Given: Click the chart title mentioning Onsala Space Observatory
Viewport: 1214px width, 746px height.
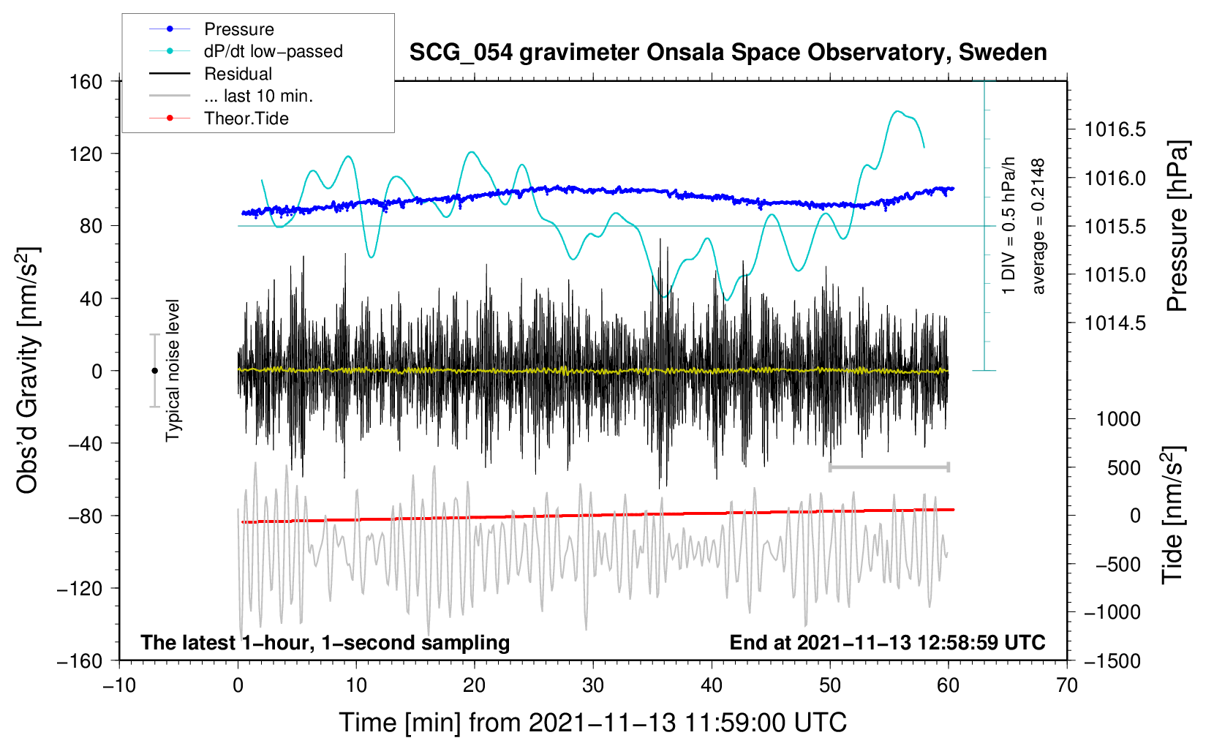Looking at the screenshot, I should click(x=728, y=53).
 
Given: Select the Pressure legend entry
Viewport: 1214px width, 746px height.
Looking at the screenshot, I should click(x=238, y=29).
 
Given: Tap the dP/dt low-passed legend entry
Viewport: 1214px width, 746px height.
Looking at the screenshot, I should click(x=273, y=51).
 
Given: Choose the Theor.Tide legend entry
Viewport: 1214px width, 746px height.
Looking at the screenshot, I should click(x=246, y=118).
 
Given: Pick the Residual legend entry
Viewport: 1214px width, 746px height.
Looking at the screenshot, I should click(x=238, y=74).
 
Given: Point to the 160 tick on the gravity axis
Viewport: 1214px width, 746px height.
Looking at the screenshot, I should click(x=86, y=81).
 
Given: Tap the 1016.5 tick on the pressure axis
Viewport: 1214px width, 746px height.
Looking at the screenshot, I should click(x=1115, y=130).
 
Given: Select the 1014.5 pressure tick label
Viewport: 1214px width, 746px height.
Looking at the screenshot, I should click(x=1115, y=323).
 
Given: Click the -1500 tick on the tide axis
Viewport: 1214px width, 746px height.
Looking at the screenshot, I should click(x=1112, y=660).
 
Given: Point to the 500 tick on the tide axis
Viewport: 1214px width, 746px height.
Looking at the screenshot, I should click(x=1123, y=467).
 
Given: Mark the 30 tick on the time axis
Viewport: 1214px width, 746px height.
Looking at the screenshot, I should click(x=593, y=685).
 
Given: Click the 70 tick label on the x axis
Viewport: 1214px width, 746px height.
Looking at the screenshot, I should click(x=1067, y=685).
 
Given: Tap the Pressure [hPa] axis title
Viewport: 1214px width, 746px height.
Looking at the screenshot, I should click(x=1177, y=227).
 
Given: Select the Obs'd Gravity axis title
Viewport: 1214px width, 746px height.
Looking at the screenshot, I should click(x=28, y=370).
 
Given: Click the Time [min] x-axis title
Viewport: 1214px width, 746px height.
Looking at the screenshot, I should click(x=592, y=723).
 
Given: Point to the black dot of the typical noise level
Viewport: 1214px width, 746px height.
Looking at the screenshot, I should click(x=154, y=371).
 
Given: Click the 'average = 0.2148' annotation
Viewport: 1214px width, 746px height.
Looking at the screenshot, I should click(x=1038, y=227).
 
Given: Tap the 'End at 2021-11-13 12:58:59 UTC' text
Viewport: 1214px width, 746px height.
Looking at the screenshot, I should click(x=887, y=643).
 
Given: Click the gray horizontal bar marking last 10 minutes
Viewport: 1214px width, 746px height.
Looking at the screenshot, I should click(x=889, y=467).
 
